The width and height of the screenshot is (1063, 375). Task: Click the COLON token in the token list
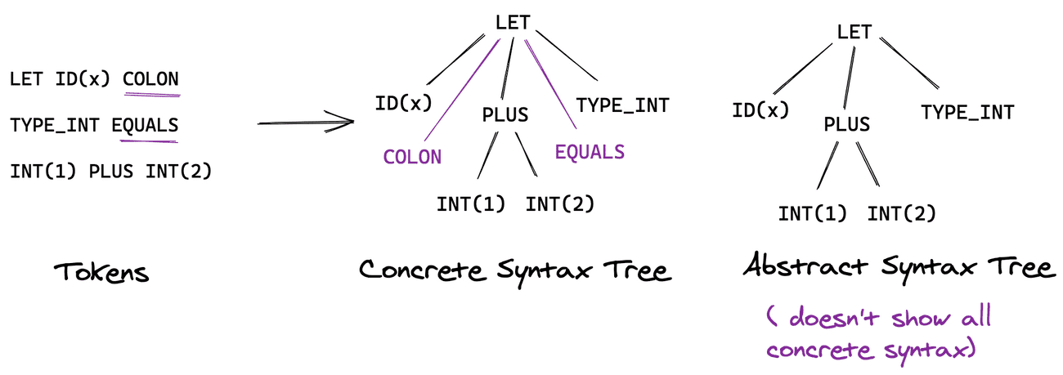click(x=151, y=78)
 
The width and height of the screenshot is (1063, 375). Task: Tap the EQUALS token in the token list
click(x=145, y=125)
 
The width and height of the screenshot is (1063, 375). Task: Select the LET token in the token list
click(x=26, y=78)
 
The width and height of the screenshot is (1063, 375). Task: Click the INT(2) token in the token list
click(x=178, y=171)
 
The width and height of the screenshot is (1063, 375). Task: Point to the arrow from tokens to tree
click(x=306, y=123)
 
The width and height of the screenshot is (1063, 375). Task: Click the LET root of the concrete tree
click(x=513, y=23)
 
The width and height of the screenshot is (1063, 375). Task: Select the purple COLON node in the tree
click(x=412, y=157)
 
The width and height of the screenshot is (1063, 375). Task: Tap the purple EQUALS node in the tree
click(x=590, y=152)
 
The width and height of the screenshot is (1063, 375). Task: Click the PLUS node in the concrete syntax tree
click(x=505, y=114)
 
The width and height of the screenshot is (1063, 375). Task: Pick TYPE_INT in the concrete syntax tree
click(x=622, y=105)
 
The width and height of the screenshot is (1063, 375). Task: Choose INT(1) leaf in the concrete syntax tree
click(x=471, y=204)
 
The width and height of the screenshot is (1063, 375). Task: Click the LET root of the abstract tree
click(x=854, y=32)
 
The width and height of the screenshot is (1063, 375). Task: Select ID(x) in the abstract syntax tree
click(x=760, y=110)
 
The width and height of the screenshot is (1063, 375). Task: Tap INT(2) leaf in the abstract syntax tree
click(x=901, y=214)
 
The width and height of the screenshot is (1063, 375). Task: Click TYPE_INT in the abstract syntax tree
click(x=967, y=113)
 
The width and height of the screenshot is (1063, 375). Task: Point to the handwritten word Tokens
click(x=101, y=273)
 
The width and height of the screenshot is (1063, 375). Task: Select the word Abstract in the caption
click(x=805, y=265)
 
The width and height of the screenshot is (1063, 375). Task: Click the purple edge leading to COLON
click(x=462, y=90)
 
